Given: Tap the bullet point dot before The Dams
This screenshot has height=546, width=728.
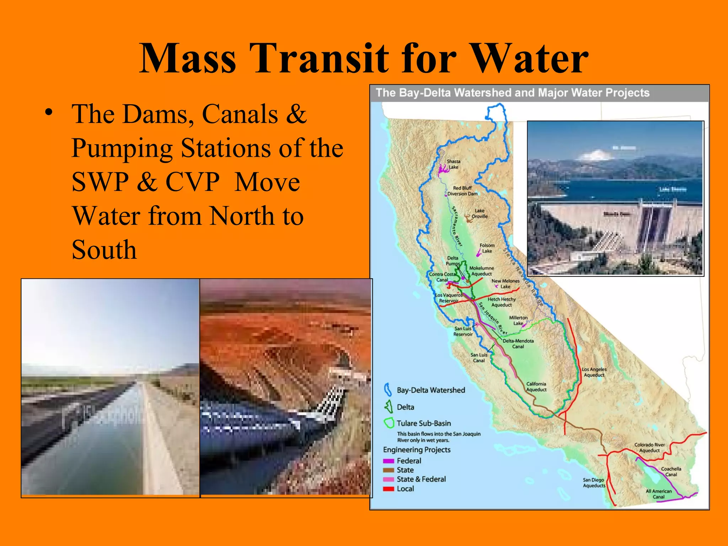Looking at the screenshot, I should click(x=49, y=113).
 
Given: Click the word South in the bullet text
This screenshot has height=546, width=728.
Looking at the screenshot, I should click(x=104, y=250).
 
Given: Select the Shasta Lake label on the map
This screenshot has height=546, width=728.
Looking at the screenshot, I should click(x=453, y=164).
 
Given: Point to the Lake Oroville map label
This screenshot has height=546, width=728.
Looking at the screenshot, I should click(x=479, y=213).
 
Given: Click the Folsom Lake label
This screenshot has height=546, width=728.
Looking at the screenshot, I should click(x=487, y=248).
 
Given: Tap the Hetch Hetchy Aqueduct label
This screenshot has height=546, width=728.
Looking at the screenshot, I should click(x=501, y=302).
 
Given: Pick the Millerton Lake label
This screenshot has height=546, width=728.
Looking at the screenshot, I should click(x=518, y=320).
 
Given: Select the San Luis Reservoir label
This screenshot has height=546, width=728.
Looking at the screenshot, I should click(x=463, y=331).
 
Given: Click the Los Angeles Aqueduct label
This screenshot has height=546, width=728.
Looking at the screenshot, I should click(x=594, y=372).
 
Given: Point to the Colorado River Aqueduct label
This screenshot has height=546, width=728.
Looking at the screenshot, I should click(x=649, y=448).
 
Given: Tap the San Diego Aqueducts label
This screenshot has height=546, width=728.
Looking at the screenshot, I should click(x=594, y=483).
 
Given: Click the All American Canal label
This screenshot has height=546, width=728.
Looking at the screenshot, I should click(x=658, y=494).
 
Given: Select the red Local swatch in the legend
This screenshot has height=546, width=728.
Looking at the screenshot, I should click(x=388, y=489).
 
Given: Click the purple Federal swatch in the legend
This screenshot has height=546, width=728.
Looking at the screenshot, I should click(x=388, y=461).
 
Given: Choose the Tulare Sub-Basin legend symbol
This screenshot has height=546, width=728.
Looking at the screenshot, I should click(x=389, y=423).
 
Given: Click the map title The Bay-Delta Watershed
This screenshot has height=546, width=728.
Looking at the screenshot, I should click(x=512, y=93).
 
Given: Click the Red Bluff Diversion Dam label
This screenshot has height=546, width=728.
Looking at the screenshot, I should click(x=462, y=191).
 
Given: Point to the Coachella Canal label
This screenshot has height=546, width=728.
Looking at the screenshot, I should click(x=671, y=472).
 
